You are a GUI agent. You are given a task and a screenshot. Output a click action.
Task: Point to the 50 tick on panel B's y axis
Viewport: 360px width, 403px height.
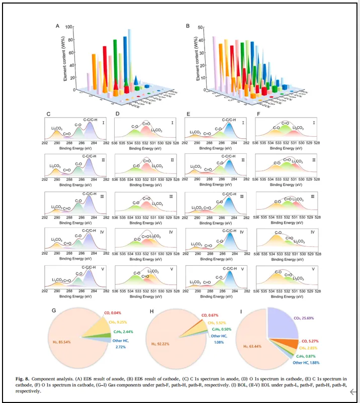(x=201, y=27)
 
